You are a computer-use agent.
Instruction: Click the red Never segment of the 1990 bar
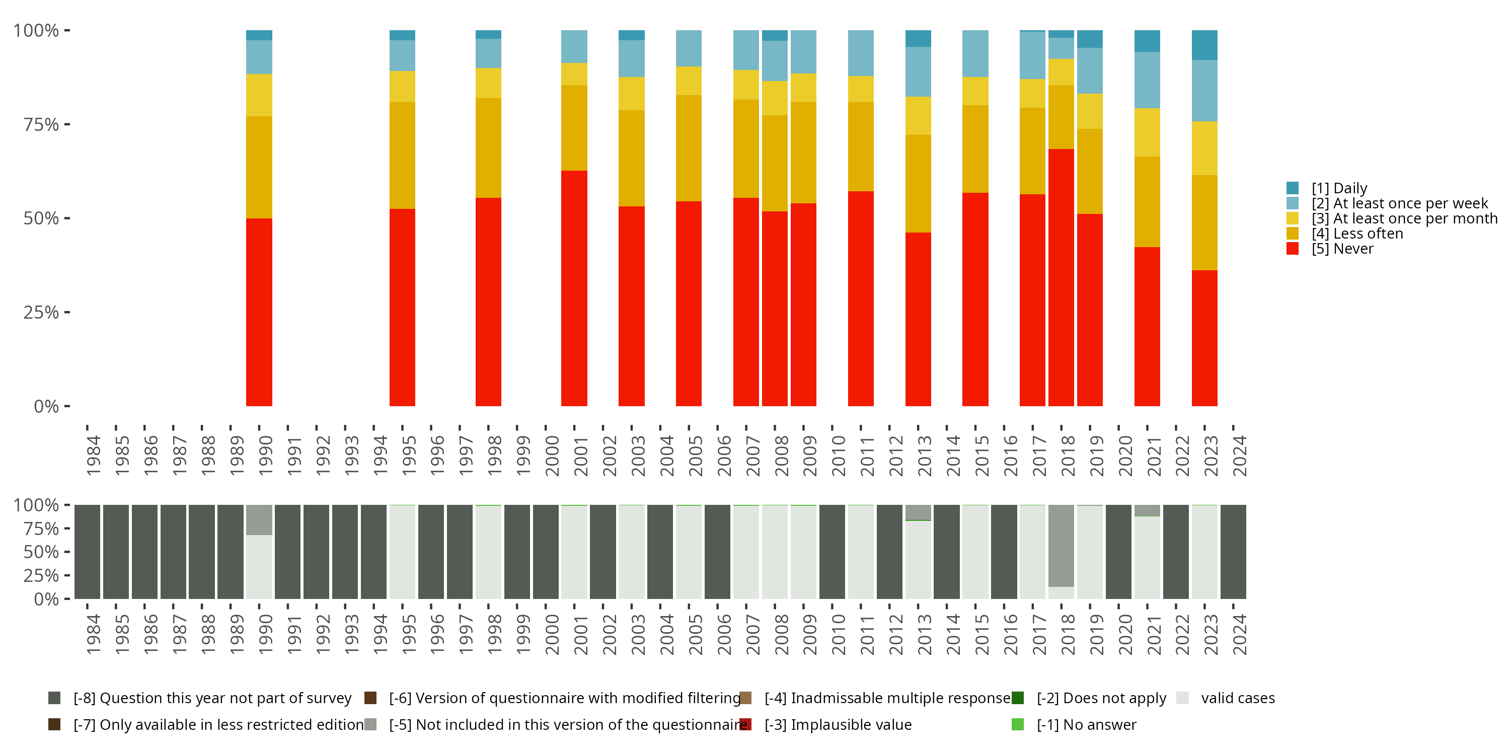(259, 312)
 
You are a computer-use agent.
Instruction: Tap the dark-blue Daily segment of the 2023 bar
(1204, 45)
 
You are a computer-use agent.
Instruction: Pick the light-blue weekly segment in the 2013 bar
(918, 71)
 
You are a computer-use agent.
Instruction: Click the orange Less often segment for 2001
(574, 128)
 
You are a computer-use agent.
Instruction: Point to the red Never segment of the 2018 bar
(1061, 277)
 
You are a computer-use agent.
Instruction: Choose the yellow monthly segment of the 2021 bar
(1147, 132)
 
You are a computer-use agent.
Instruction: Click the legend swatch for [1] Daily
(1292, 188)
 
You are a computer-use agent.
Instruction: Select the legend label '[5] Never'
(1342, 249)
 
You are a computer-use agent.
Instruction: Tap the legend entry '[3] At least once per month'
(1404, 218)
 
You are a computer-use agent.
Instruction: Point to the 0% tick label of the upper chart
(46, 406)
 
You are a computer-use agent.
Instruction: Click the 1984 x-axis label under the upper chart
(93, 456)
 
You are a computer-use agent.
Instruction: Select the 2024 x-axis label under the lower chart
(1239, 634)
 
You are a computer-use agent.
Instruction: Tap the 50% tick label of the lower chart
(41, 552)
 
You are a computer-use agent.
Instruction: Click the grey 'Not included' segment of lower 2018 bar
(1061, 545)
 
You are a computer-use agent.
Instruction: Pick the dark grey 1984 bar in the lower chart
(88, 552)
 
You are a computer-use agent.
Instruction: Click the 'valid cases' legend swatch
(1182, 698)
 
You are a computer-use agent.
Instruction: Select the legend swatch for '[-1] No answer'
(1018, 724)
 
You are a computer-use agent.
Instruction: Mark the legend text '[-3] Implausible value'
(838, 724)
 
